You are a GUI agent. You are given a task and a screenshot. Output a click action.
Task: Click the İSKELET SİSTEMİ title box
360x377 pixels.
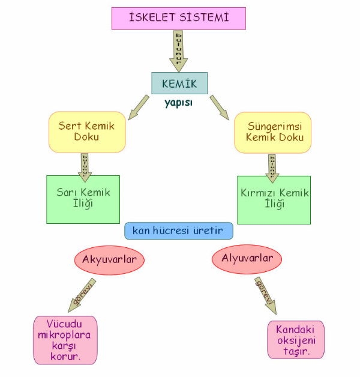[179, 17]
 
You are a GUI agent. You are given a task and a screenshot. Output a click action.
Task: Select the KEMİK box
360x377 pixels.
[179, 83]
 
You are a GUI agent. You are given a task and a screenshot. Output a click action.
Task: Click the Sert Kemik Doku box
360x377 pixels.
[86, 131]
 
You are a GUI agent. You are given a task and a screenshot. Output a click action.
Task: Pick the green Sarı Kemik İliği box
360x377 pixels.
[83, 199]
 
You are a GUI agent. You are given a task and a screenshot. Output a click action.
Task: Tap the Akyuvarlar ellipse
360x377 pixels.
[110, 260]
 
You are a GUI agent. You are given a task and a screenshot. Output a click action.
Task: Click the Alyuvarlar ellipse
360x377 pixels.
[247, 259]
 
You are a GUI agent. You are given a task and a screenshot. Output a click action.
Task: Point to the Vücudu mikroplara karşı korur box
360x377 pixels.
[65, 340]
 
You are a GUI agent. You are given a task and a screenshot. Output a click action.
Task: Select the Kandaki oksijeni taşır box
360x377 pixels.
[296, 340]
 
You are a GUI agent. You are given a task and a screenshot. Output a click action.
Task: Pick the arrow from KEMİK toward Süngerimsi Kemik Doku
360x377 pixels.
[219, 107]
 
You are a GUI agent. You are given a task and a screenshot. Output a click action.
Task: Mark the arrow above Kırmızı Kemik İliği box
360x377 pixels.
[273, 164]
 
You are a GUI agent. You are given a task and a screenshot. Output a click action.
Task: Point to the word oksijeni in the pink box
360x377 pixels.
[296, 340]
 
